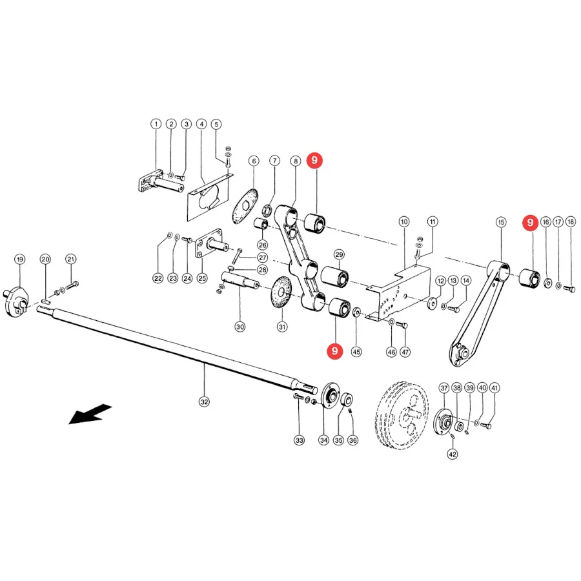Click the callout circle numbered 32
point(204,402)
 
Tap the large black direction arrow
point(90,414)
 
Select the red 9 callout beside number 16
point(530,223)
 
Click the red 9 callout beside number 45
point(335,351)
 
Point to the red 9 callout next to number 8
point(314,161)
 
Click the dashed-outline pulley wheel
point(402,415)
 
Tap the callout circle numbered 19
point(20,260)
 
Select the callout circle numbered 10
point(404,222)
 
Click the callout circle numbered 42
point(453,454)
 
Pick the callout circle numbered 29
point(339,254)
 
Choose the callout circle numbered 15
point(501,222)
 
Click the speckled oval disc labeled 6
point(245,207)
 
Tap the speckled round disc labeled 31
point(282,292)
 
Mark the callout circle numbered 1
point(156,124)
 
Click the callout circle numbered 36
point(352,440)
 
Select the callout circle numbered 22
point(158,278)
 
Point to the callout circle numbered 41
point(494,388)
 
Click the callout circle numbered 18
point(571,221)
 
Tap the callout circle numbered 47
point(405,352)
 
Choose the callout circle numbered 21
point(71,259)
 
